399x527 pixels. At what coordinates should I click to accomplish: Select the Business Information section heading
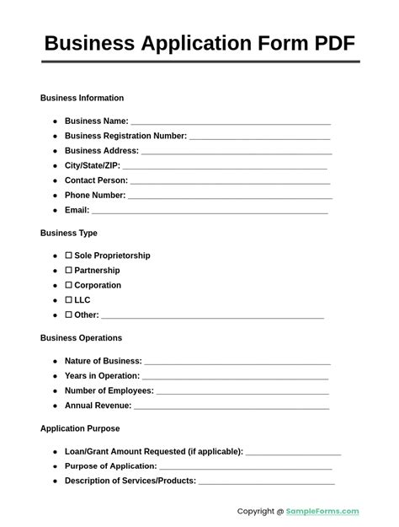point(82,98)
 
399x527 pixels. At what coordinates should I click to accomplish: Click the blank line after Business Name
point(231,122)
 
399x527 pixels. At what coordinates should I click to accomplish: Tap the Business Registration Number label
point(125,136)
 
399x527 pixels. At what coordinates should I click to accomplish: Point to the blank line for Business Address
point(236,152)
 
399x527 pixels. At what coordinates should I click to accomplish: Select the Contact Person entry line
point(230,181)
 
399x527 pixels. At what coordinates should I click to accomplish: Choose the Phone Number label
point(95,196)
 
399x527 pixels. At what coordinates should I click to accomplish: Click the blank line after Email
point(210,211)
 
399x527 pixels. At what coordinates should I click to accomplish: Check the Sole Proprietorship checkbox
point(69,255)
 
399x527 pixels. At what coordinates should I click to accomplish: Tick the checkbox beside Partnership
point(69,271)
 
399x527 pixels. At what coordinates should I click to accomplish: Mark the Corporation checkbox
point(69,286)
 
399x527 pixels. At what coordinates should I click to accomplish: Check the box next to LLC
point(69,300)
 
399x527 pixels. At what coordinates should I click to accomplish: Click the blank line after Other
point(212,316)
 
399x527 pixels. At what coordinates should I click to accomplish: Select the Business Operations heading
point(81,338)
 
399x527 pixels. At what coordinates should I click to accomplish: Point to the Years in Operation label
point(102,376)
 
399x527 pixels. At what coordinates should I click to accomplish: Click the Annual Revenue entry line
point(231,406)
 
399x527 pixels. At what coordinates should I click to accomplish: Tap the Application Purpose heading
point(80,428)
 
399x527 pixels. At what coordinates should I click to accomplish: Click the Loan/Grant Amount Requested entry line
point(293,453)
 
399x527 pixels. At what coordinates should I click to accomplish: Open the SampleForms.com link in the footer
point(323,511)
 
